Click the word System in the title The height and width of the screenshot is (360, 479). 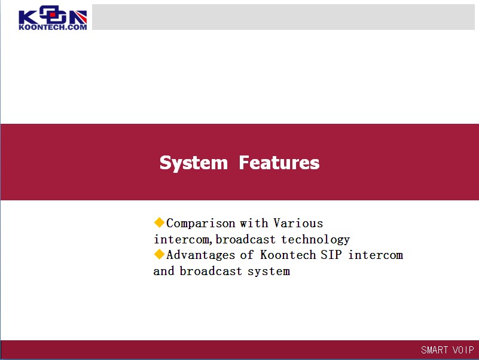[x=194, y=163]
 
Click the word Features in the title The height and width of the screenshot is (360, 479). [x=279, y=162]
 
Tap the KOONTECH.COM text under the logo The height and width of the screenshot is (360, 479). [x=53, y=27]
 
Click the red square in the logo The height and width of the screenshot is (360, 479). [x=53, y=14]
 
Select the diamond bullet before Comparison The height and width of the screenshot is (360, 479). [x=159, y=222]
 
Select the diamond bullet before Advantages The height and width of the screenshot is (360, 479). [x=159, y=254]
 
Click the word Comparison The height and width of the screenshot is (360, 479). [x=201, y=224]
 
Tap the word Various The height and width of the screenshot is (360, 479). [x=298, y=223]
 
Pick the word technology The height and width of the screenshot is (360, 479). [x=316, y=240]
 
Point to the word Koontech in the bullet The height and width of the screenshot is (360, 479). [x=288, y=255]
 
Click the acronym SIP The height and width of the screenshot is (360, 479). [x=331, y=255]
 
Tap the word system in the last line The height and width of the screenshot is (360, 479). [x=269, y=271]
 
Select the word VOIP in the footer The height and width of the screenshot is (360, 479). [x=463, y=350]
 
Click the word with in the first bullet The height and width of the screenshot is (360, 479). [x=254, y=223]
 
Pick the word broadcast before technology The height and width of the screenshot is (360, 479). [x=246, y=240]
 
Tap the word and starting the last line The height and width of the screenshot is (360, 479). [x=164, y=271]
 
